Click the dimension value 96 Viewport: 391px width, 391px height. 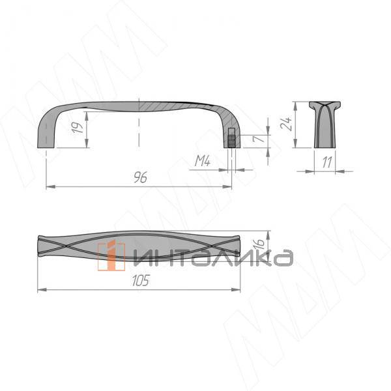[x=140, y=177]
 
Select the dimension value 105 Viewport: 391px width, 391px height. [x=141, y=280]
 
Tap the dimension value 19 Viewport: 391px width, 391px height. [x=78, y=127]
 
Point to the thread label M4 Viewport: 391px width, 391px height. [x=203, y=161]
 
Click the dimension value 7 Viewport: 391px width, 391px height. [x=258, y=138]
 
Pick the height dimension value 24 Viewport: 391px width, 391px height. [x=286, y=123]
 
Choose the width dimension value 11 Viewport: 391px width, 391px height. [x=327, y=162]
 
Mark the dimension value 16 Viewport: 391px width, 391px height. [x=259, y=244]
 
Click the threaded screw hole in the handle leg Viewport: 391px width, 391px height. [x=231, y=138]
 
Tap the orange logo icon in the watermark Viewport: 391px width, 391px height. [x=111, y=255]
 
